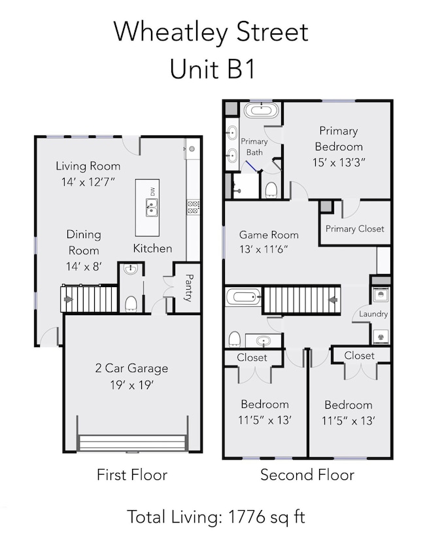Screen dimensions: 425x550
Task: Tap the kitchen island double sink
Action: click(x=152, y=207)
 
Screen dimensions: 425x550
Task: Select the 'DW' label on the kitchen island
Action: click(x=152, y=192)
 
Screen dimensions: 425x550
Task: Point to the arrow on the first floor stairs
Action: click(x=68, y=300)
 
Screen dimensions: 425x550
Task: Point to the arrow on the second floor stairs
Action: click(x=333, y=300)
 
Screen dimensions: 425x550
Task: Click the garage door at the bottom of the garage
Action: click(x=132, y=443)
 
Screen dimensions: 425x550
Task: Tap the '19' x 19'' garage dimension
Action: click(x=132, y=385)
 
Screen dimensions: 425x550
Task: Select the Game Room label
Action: click(x=269, y=235)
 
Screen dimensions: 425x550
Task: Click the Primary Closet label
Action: click(x=355, y=229)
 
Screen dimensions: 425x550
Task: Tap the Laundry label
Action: click(x=373, y=313)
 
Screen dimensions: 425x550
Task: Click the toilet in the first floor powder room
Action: click(x=131, y=303)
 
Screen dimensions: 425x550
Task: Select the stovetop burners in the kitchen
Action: click(x=193, y=207)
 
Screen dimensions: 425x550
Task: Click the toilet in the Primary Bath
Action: click(x=271, y=190)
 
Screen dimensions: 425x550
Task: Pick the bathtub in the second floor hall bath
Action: click(x=243, y=297)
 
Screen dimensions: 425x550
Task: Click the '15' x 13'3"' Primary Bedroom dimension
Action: click(x=339, y=162)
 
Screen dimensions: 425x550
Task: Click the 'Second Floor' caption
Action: click(x=307, y=475)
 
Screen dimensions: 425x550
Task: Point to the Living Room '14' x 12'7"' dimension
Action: click(x=88, y=182)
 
